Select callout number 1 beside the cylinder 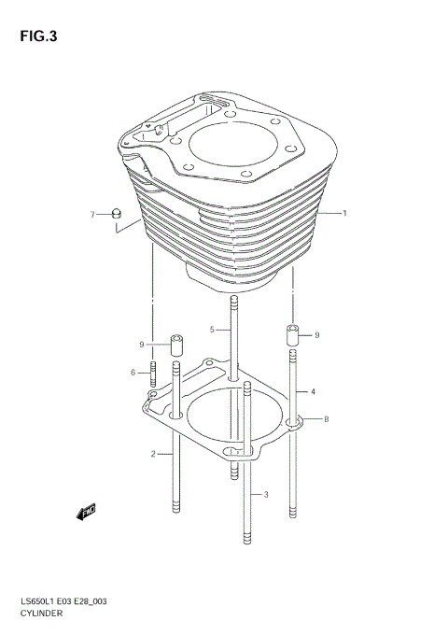(344, 214)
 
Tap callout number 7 (93, 215)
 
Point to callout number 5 (212, 330)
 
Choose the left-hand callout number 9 (143, 345)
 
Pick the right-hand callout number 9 (317, 335)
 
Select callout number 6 (134, 373)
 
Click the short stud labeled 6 (151, 374)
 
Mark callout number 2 (152, 455)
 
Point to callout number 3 (266, 494)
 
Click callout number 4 (314, 391)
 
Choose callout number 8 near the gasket (326, 420)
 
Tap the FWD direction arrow (87, 511)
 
